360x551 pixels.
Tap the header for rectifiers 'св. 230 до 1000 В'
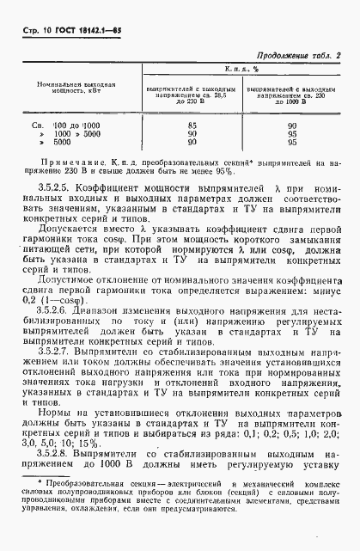[292, 94]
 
